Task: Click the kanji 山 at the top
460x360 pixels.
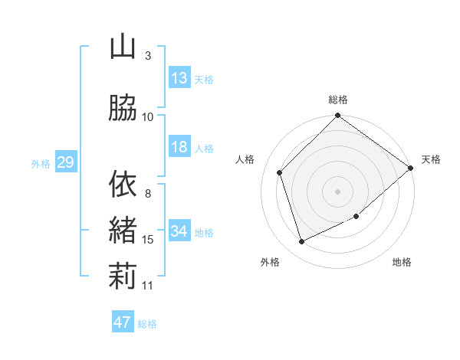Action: pos(123,47)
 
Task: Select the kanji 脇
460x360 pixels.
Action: pos(123,108)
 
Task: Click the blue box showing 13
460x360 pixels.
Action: pos(179,78)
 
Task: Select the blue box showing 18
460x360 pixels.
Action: pos(179,147)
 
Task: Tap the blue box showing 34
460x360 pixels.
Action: pos(179,231)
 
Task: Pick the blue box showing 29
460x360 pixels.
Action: pos(65,162)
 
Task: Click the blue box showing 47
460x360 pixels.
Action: pos(123,322)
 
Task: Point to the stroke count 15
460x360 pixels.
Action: pos(148,240)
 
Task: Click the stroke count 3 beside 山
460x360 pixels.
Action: pos(148,56)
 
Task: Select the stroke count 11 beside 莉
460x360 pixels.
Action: pos(148,286)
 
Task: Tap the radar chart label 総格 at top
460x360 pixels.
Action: pos(338,100)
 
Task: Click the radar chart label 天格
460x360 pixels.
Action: pos(431,159)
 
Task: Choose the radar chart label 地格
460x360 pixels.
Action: pos(402,263)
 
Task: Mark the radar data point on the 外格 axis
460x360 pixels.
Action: pos(302,242)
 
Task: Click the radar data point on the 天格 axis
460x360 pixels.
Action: pos(411,168)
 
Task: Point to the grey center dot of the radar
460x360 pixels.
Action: pos(338,191)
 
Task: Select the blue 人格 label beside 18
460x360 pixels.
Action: pos(204,148)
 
